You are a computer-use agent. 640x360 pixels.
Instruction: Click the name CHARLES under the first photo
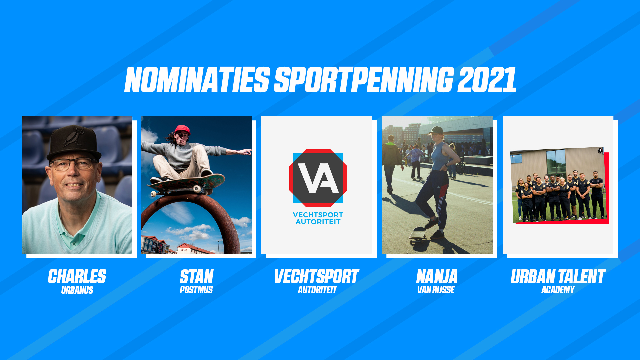point(77,276)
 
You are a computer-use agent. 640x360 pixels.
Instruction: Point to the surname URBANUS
point(77,290)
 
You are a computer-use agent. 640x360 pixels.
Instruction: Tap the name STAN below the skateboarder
point(197,276)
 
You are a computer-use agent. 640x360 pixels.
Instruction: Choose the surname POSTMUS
point(196,290)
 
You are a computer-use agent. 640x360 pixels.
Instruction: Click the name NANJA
point(437,276)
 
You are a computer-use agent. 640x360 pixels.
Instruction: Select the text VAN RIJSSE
point(436,290)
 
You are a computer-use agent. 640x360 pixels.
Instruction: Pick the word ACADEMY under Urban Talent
point(558,290)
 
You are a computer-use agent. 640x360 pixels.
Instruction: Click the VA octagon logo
point(318,178)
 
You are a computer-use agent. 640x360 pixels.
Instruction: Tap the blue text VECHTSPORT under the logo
point(318,215)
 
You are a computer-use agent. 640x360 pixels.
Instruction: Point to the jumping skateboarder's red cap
point(182,129)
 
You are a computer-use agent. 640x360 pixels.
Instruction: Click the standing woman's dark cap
point(436,130)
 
